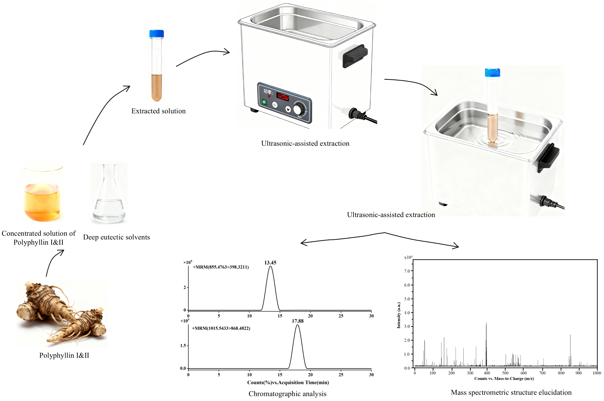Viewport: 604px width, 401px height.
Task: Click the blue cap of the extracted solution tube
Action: pyautogui.click(x=156, y=34)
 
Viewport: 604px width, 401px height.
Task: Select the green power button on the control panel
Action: pyautogui.click(x=264, y=102)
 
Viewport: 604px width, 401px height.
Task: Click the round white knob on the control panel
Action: pyautogui.click(x=298, y=110)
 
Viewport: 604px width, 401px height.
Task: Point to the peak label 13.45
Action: pyautogui.click(x=270, y=263)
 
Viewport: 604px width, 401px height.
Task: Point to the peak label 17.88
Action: pyautogui.click(x=298, y=321)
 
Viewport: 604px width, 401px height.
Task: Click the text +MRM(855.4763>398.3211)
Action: pyautogui.click(x=221, y=267)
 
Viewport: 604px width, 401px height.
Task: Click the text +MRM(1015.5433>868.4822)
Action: pyautogui.click(x=221, y=328)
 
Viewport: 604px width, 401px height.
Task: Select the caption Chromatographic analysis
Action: pyautogui.click(x=287, y=394)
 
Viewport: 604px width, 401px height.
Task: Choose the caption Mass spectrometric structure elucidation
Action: pyautogui.click(x=511, y=392)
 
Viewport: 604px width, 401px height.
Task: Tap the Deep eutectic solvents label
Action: pyautogui.click(x=116, y=237)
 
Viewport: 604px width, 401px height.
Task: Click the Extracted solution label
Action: pyautogui.click(x=158, y=111)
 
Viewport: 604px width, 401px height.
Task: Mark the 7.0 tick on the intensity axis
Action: pyautogui.click(x=407, y=271)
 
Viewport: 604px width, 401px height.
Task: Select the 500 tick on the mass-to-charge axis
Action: pyautogui.click(x=505, y=373)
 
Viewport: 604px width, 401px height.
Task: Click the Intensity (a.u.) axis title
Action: pyautogui.click(x=399, y=315)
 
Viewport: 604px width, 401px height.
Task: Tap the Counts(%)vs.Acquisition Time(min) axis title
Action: pyautogui.click(x=288, y=382)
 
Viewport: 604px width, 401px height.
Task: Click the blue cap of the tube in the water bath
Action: pyautogui.click(x=492, y=72)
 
